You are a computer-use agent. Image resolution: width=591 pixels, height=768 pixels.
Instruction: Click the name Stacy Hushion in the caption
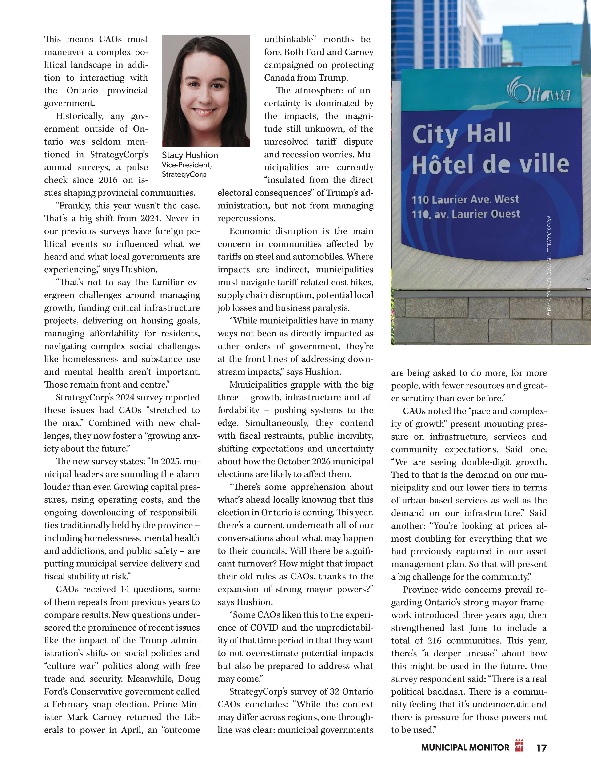[190, 155]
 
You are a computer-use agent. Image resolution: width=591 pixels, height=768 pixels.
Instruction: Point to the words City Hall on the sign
[461, 134]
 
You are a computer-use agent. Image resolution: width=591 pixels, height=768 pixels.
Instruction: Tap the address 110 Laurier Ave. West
[465, 200]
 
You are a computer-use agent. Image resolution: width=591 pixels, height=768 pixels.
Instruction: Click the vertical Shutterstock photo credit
[549, 267]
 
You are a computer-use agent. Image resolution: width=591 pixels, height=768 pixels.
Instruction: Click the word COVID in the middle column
[264, 628]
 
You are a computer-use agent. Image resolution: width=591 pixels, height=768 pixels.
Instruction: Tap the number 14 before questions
[125, 589]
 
